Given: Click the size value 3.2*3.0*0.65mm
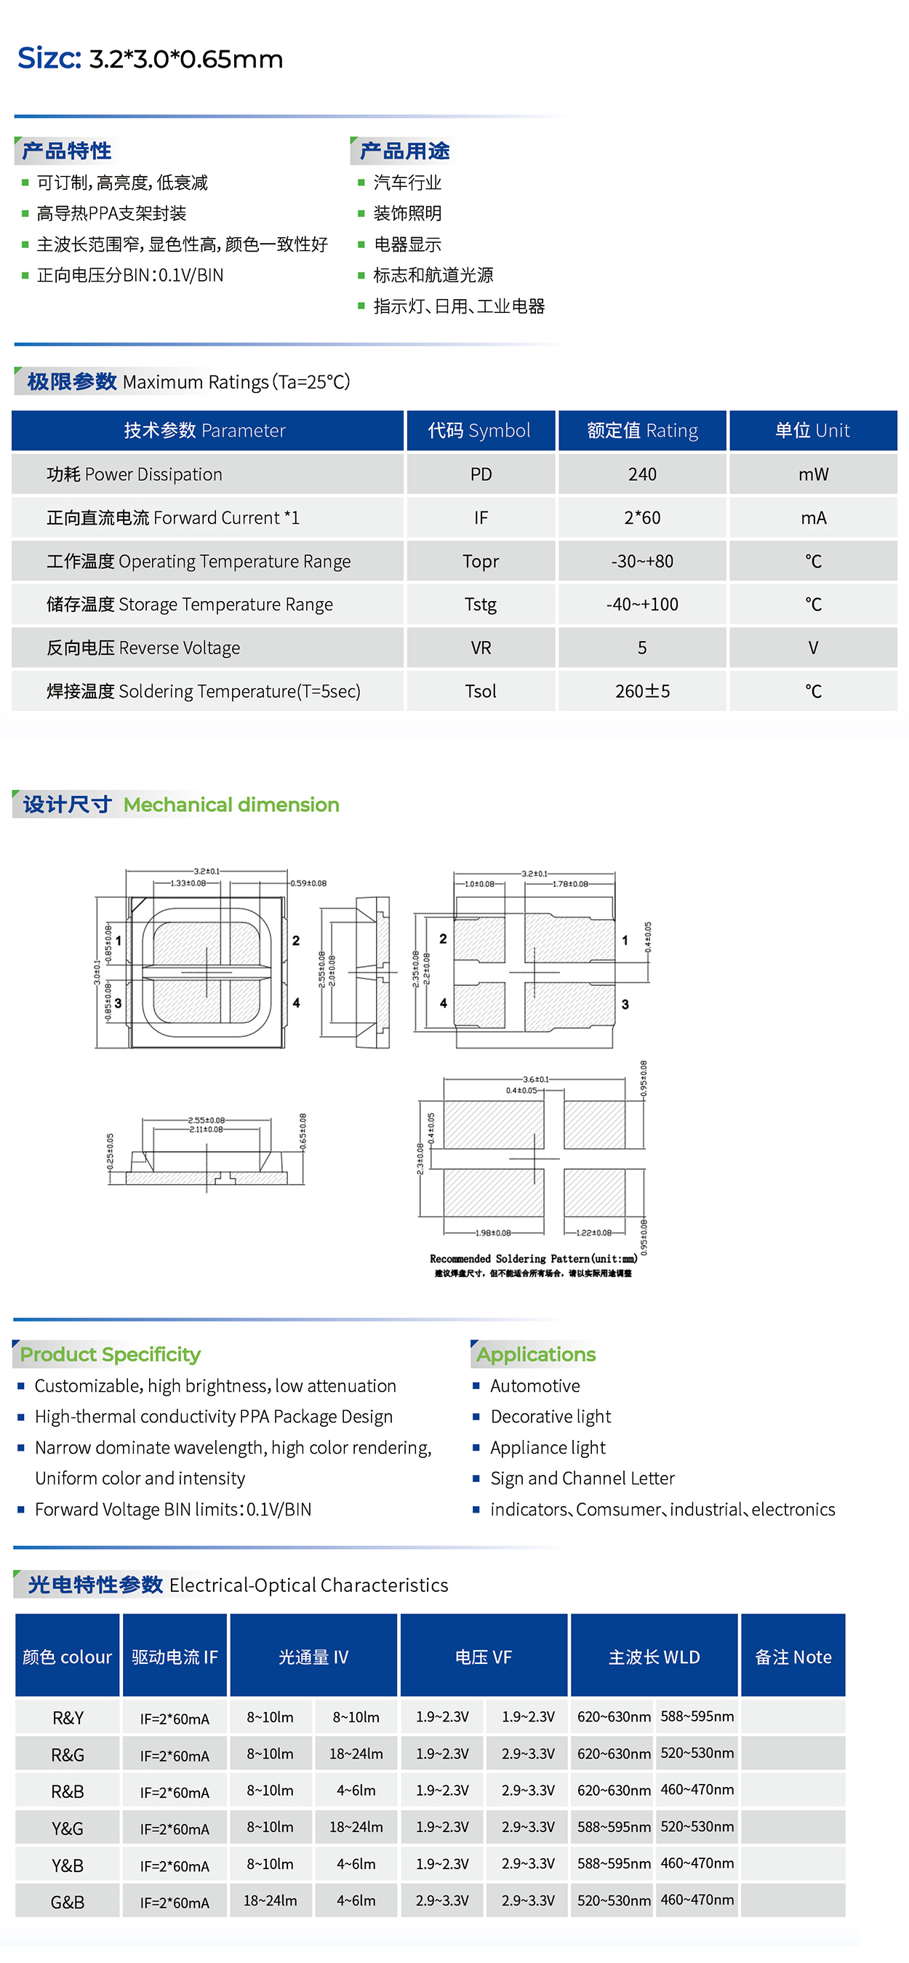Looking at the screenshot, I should click(186, 60).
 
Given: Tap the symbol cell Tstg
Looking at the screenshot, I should click(480, 605).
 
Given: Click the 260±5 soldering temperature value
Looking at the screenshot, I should click(641, 691).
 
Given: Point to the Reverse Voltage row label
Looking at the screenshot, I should click(143, 648).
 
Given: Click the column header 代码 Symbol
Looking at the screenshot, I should click(479, 431).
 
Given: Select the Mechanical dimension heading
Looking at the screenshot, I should click(231, 805).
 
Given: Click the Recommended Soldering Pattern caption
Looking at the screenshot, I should click(533, 1259).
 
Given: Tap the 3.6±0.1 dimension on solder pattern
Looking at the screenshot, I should click(536, 1079).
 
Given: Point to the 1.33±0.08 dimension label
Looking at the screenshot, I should click(188, 883).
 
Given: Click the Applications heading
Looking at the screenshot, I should click(536, 1354).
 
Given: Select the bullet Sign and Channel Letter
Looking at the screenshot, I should click(582, 1478).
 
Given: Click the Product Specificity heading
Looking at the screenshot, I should click(110, 1354).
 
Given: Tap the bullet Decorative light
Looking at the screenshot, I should click(550, 1417).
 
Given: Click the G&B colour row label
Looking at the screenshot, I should click(67, 1902).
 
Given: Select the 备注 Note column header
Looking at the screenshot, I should click(793, 1657).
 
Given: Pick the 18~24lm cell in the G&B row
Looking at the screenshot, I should click(270, 1900).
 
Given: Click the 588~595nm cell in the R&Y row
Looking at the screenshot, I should click(697, 1716).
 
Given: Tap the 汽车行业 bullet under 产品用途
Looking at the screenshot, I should click(407, 183).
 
